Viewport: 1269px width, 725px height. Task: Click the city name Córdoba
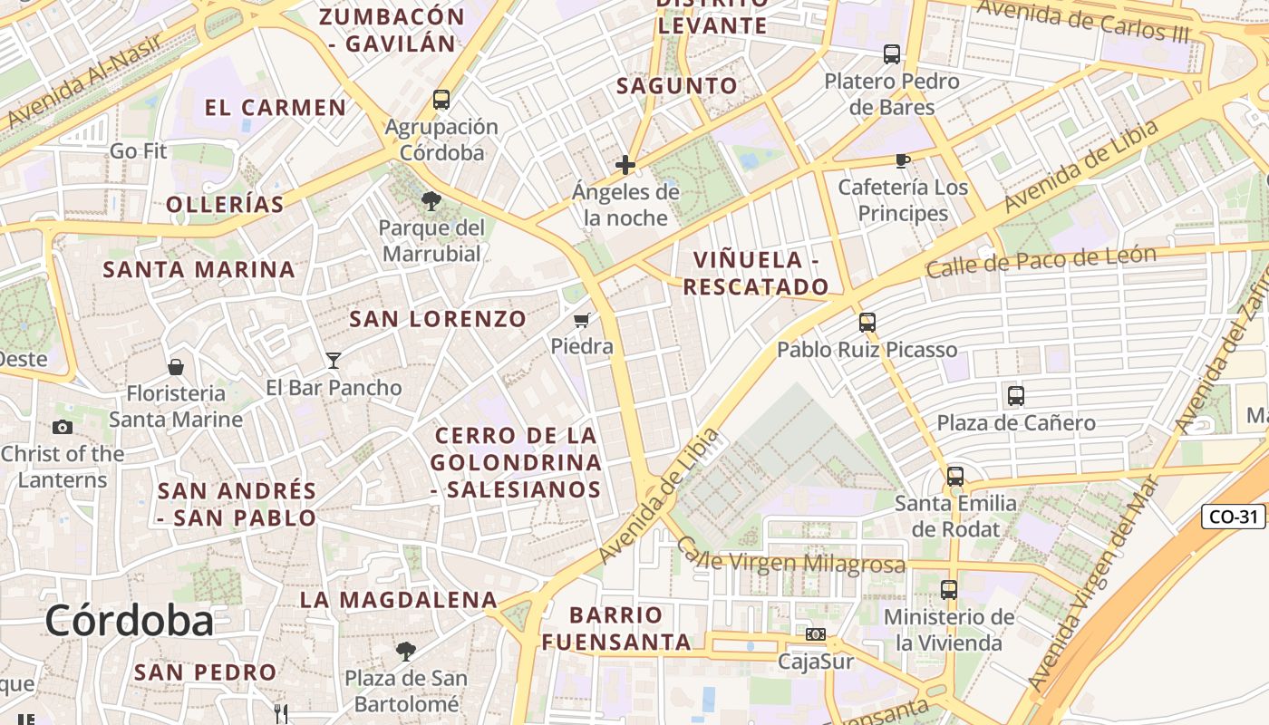129,621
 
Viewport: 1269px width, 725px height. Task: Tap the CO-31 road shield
1234,517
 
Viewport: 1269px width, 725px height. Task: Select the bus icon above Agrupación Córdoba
441,100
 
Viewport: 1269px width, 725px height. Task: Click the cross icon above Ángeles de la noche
625,165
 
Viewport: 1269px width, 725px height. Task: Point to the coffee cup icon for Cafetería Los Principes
902,160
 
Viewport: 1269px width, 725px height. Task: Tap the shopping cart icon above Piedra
582,320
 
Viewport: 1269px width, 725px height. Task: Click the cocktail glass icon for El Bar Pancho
334,361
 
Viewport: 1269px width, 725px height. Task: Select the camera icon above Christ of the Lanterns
63,427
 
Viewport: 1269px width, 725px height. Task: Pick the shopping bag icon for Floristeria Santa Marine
176,367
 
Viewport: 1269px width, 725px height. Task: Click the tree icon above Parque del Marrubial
431,200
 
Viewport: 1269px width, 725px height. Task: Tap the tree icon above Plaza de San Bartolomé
405,651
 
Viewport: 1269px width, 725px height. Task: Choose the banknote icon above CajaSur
816,634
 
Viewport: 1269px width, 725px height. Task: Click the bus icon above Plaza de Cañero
1015,396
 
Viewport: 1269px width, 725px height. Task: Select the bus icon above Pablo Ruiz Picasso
867,323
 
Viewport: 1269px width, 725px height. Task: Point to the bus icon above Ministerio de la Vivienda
949,590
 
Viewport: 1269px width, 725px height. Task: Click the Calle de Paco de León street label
1041,262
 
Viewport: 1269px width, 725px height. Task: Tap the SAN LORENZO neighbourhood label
438,319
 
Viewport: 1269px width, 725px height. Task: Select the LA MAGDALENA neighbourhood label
398,600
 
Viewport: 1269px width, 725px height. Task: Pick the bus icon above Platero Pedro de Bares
892,54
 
